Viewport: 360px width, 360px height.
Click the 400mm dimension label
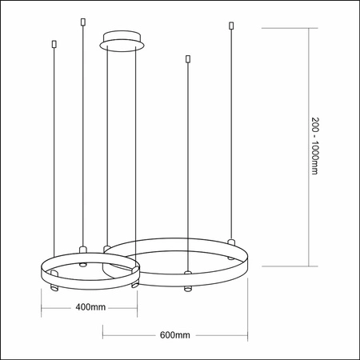[90, 306]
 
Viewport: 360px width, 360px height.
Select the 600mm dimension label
[174, 334]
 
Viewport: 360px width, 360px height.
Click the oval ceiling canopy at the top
[122, 39]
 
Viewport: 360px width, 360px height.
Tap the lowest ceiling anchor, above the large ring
[187, 58]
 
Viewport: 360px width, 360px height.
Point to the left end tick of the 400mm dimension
[40, 306]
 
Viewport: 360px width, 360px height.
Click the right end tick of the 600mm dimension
[246, 334]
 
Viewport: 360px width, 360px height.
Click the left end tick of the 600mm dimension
[102, 334]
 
